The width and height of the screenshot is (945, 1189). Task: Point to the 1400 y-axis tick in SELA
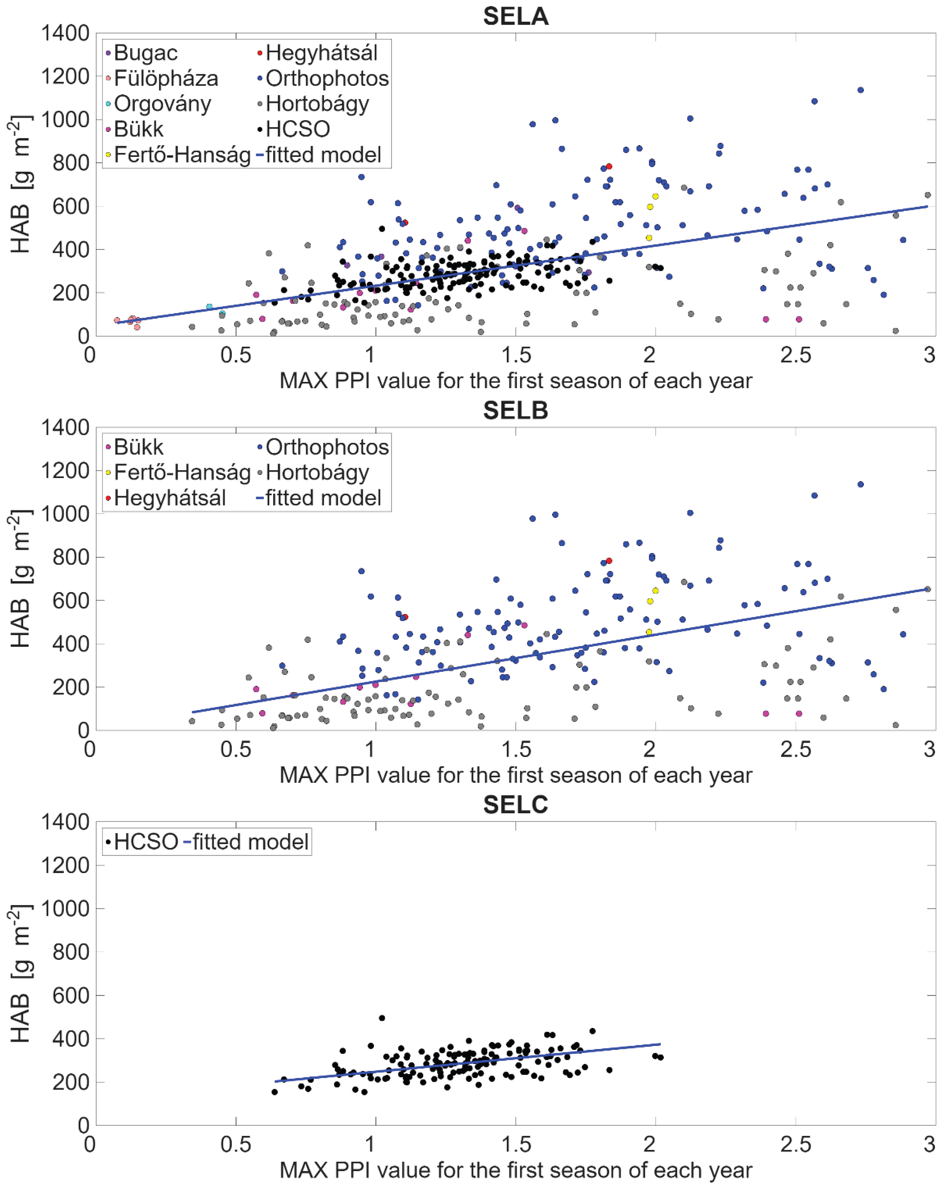point(65,33)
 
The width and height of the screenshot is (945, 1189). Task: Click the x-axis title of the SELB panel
point(516,775)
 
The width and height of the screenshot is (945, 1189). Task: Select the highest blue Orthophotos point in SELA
point(860,90)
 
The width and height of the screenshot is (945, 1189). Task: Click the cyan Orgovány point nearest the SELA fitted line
point(209,307)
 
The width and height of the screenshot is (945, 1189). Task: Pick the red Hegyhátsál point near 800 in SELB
point(609,561)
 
